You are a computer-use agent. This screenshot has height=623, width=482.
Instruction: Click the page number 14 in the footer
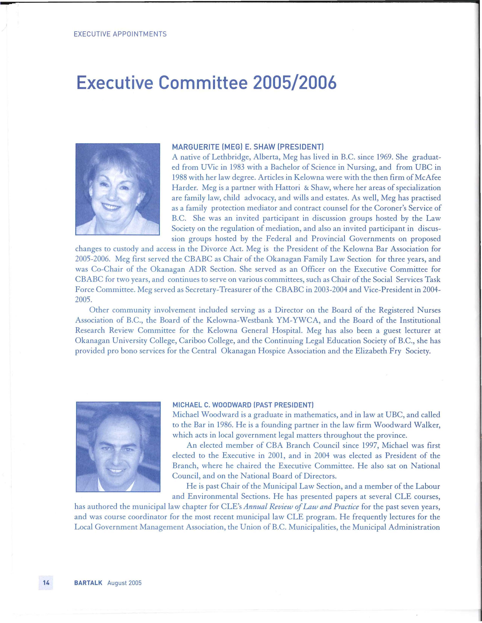click(x=46, y=583)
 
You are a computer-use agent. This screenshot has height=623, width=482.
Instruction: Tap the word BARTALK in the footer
click(x=88, y=583)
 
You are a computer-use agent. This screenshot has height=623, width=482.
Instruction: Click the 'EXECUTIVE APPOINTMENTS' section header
click(x=120, y=34)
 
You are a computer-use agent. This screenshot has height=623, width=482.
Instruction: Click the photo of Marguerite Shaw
click(x=118, y=189)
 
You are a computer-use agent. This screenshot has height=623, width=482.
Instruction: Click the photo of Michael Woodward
click(x=118, y=447)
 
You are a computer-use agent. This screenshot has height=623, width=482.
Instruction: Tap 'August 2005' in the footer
click(x=124, y=583)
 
